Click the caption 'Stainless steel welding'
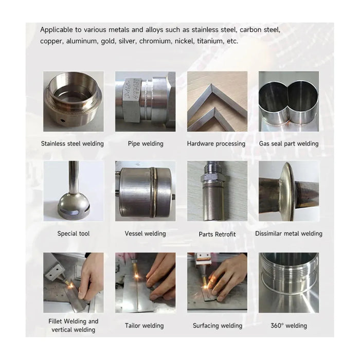pyautogui.click(x=73, y=143)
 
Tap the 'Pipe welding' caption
pyautogui.click(x=146, y=143)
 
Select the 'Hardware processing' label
pyautogui.click(x=216, y=143)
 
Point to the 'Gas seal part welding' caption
pyautogui.click(x=289, y=143)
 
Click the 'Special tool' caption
pyautogui.click(x=74, y=233)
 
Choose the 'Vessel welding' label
pyautogui.click(x=146, y=233)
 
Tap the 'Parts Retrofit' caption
pyautogui.click(x=217, y=234)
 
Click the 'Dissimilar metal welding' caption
pyautogui.click(x=289, y=233)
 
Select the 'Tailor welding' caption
pyautogui.click(x=144, y=326)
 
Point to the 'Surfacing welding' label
pyautogui.click(x=218, y=326)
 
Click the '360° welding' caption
pyautogui.click(x=289, y=326)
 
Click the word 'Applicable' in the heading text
pyautogui.click(x=57, y=30)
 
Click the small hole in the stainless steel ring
pyautogui.click(x=63, y=120)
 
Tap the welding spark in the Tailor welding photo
pyautogui.click(x=137, y=275)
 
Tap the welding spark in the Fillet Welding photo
pyautogui.click(x=71, y=285)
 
